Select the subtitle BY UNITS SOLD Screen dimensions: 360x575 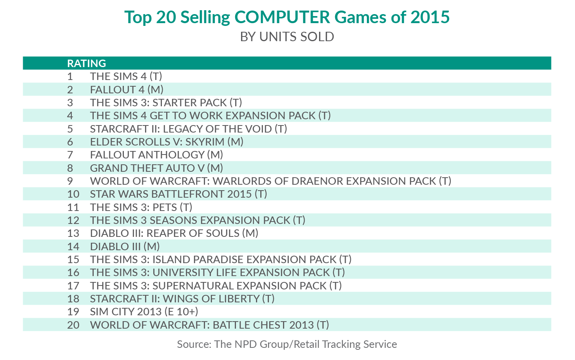[287, 37]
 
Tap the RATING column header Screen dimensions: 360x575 [87, 63]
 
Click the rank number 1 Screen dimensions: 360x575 [70, 76]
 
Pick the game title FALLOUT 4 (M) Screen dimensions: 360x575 [127, 89]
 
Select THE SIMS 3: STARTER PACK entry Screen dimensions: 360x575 [166, 103]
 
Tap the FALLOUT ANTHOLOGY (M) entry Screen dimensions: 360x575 [156, 155]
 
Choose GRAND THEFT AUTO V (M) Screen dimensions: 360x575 [156, 168]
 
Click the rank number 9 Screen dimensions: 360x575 [70, 181]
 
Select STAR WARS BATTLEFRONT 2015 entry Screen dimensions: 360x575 [178, 194]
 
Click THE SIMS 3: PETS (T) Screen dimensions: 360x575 [141, 207]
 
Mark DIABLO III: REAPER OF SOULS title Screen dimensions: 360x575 [174, 233]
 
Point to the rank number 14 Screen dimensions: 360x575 [73, 246]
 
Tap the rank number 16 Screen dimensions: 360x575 [73, 273]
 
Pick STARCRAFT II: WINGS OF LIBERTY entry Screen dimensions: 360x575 [182, 299]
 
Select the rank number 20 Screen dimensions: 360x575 [73, 325]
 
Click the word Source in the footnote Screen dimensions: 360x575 [194, 344]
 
